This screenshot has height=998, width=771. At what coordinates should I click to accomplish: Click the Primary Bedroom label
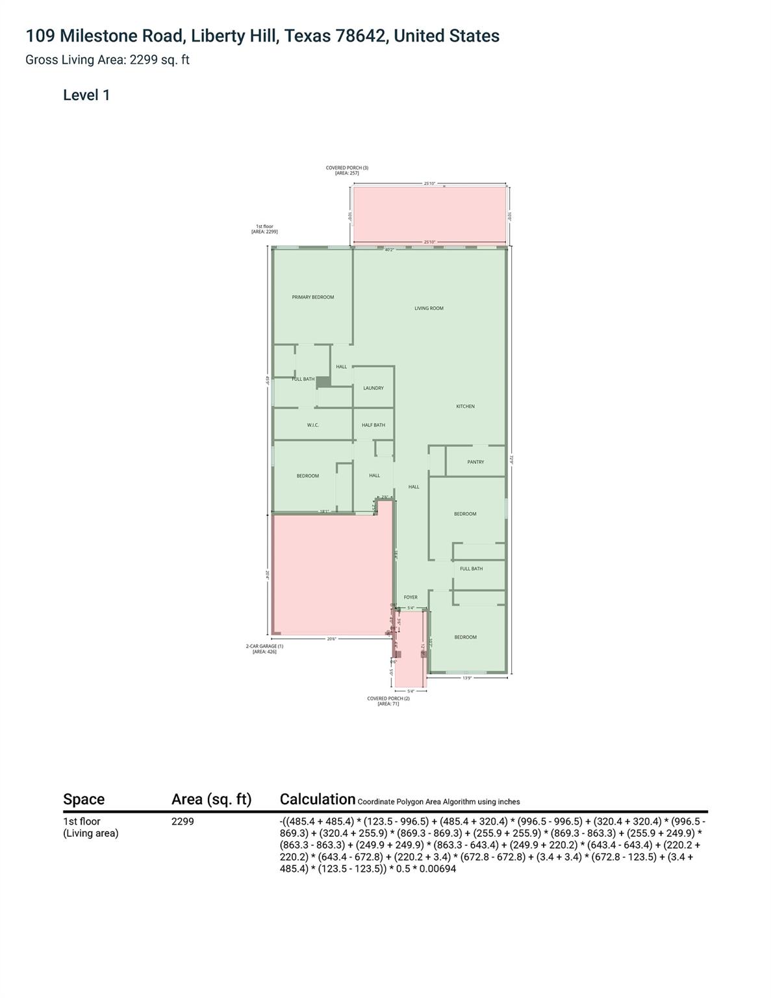point(313,297)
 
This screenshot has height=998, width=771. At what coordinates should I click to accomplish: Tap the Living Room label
point(429,308)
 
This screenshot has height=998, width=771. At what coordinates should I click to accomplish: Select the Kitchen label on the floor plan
point(465,406)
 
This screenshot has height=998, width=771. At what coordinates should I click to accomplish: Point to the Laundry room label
point(373,388)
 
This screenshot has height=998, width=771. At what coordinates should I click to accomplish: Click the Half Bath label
point(373,425)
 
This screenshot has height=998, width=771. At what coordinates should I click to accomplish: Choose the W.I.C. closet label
point(312,425)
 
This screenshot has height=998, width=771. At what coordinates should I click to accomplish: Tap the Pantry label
point(475,462)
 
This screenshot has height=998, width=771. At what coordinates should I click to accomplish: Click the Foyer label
point(411,597)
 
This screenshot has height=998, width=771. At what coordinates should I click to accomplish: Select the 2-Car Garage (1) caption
point(264,646)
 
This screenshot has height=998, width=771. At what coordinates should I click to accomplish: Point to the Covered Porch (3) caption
point(347,168)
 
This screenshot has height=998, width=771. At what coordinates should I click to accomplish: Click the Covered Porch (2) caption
point(388,698)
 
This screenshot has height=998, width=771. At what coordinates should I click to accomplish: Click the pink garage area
point(331,575)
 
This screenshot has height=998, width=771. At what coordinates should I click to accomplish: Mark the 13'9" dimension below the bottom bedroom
point(467,678)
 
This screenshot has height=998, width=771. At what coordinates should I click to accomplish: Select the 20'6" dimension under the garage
point(331,639)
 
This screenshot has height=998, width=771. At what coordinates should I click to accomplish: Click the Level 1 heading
point(86,95)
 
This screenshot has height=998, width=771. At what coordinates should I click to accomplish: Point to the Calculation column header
point(317,799)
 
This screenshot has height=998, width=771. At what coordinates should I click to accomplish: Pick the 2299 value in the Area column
point(183,821)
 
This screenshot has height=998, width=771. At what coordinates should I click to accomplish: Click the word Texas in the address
point(308,36)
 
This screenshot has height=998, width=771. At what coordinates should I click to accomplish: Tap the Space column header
point(84,799)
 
